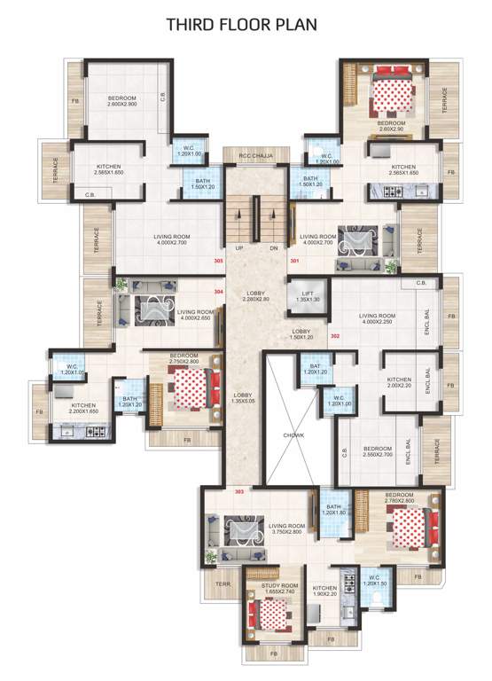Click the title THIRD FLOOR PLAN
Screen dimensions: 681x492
tap(245, 25)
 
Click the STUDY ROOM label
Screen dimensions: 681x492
tap(277, 590)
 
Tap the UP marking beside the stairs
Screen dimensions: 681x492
tap(238, 248)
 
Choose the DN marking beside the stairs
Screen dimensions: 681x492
tap(273, 248)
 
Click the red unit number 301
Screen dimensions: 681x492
tap(294, 261)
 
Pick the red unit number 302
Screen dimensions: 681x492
tap(334, 337)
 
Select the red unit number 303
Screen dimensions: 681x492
tap(238, 490)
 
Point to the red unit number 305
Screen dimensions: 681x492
tap(218, 261)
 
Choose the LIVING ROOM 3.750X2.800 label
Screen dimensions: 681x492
tap(276, 528)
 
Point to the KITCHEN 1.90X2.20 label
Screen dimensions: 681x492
tap(324, 591)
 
